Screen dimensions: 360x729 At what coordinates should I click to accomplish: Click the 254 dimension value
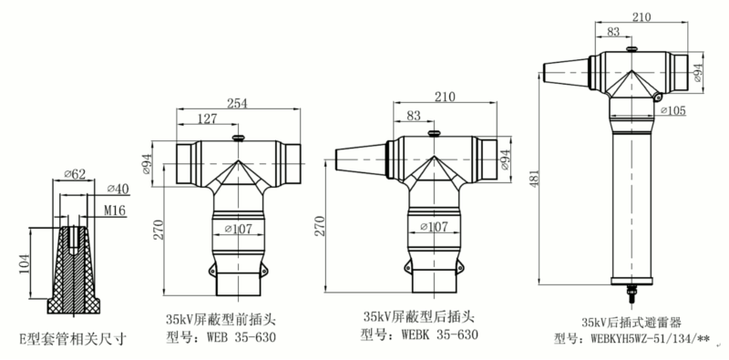pos(237,104)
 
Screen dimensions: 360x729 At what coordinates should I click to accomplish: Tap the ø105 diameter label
pos(673,111)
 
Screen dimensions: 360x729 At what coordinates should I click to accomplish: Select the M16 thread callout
pos(115,211)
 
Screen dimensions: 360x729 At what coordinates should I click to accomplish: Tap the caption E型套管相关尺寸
pos(73,339)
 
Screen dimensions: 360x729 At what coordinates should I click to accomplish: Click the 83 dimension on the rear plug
pos(416,116)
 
